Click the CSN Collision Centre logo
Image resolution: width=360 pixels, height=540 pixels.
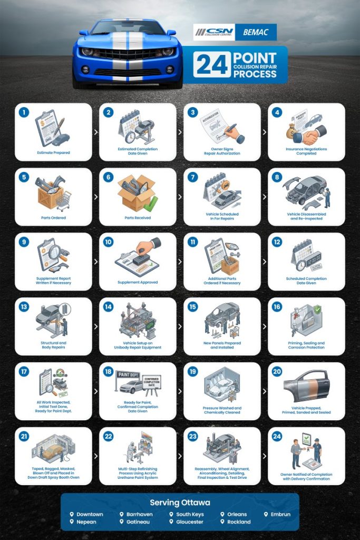(x=214, y=32)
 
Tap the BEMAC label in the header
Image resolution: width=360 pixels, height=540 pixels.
(x=256, y=33)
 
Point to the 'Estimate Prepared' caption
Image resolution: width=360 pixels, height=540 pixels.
(x=53, y=152)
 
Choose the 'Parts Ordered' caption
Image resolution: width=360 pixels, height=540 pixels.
(x=53, y=217)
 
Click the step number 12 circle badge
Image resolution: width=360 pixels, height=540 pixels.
(x=277, y=242)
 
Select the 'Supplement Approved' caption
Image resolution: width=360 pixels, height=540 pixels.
(x=138, y=282)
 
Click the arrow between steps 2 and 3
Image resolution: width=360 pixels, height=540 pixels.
(x=180, y=132)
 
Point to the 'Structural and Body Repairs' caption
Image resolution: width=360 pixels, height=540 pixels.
(x=53, y=345)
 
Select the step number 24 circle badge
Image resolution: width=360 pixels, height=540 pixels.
(x=277, y=437)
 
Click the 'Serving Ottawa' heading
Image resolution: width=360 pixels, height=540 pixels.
(x=180, y=503)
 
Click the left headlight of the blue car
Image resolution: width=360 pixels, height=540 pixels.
(x=87, y=52)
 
